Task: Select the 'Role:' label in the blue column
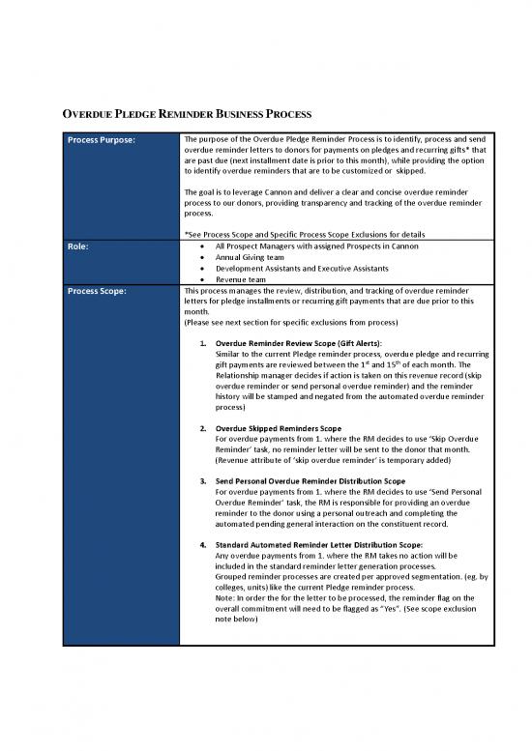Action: pyautogui.click(x=78, y=246)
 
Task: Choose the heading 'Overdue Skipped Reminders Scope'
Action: pyautogui.click(x=279, y=427)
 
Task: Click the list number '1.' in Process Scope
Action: pyautogui.click(x=201, y=343)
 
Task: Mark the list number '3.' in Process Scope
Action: pyautogui.click(x=201, y=480)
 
